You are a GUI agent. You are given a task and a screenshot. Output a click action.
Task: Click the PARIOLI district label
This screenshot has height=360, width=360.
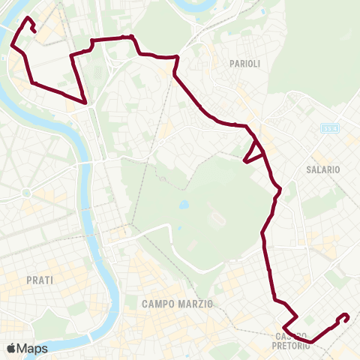(x=244, y=64)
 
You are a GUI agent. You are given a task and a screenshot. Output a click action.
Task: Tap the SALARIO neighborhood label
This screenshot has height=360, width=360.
(x=322, y=169)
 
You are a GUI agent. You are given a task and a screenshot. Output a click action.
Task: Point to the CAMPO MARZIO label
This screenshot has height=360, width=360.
(x=177, y=304)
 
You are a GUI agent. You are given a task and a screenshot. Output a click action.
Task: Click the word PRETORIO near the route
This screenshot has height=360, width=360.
(x=292, y=345)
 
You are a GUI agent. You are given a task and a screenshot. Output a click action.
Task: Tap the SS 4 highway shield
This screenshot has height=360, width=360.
(x=329, y=129)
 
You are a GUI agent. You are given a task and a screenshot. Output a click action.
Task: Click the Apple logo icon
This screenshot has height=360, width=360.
(x=11, y=348)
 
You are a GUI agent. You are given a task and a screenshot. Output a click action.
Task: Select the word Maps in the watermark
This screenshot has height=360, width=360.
(x=33, y=348)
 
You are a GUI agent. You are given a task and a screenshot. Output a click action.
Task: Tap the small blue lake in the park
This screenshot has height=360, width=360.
(x=183, y=204)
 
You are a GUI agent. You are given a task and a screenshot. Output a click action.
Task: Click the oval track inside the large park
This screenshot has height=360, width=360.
(x=217, y=219)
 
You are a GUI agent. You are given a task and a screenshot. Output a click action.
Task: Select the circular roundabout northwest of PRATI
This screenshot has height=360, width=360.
(x=26, y=193)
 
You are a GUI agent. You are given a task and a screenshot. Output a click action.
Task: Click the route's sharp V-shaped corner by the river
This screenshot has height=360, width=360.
(x=85, y=102)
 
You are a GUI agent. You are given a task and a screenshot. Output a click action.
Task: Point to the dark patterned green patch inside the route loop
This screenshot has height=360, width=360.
(x=97, y=67)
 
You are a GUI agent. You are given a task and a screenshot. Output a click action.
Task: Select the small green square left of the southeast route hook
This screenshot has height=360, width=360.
(x=310, y=320)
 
